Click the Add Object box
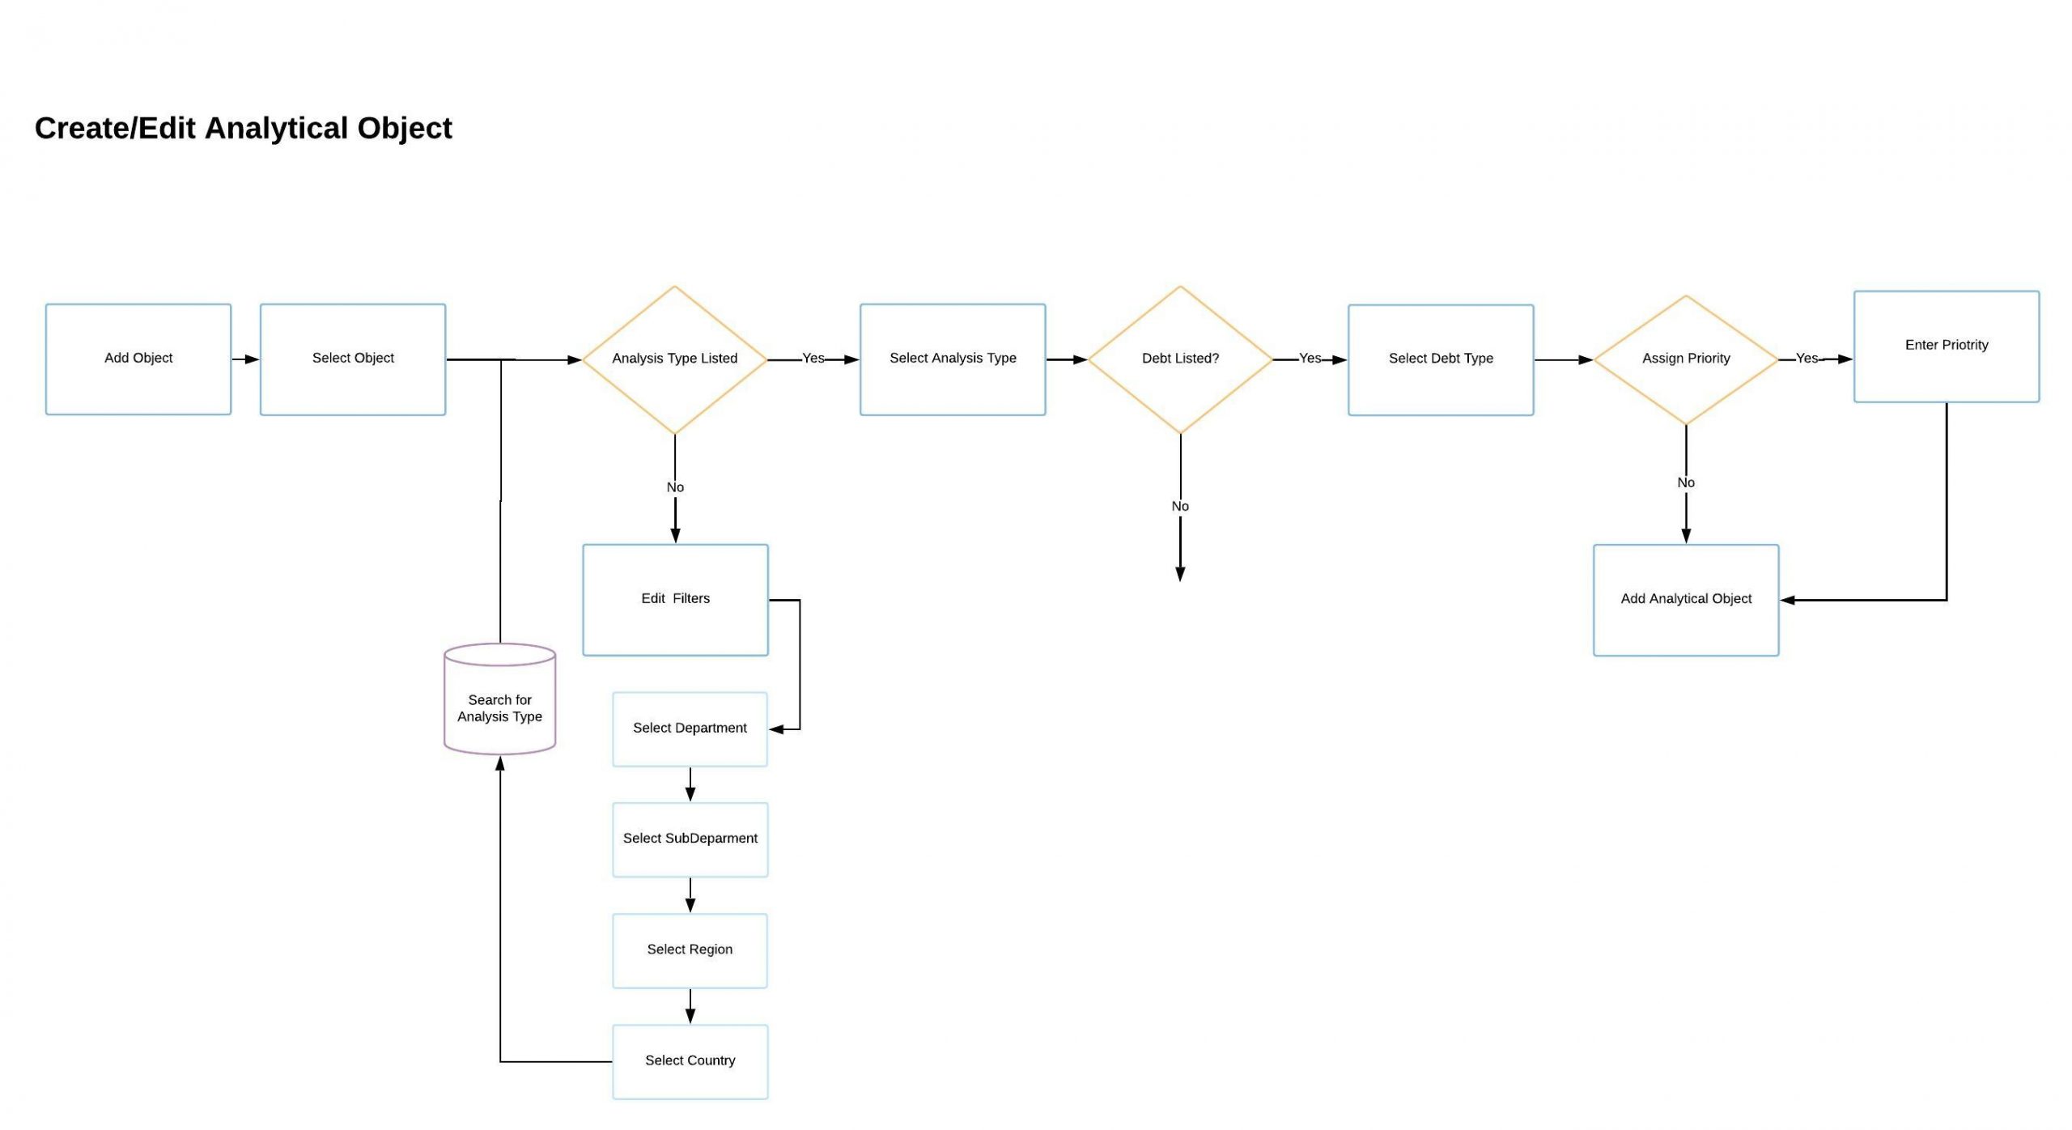(138, 359)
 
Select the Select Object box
(353, 359)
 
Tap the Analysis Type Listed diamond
(674, 359)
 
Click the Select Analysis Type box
(953, 359)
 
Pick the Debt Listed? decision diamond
(1180, 359)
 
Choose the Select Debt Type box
(1441, 359)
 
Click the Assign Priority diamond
(1686, 359)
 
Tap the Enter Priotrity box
(1947, 346)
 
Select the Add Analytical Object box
(1686, 600)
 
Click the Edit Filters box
(675, 600)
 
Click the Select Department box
(690, 729)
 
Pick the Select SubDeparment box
(690, 839)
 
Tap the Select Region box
(690, 950)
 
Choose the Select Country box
(690, 1061)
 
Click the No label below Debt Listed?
(1180, 507)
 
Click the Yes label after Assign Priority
(1807, 359)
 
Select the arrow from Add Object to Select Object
(245, 359)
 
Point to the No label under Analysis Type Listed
(675, 487)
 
